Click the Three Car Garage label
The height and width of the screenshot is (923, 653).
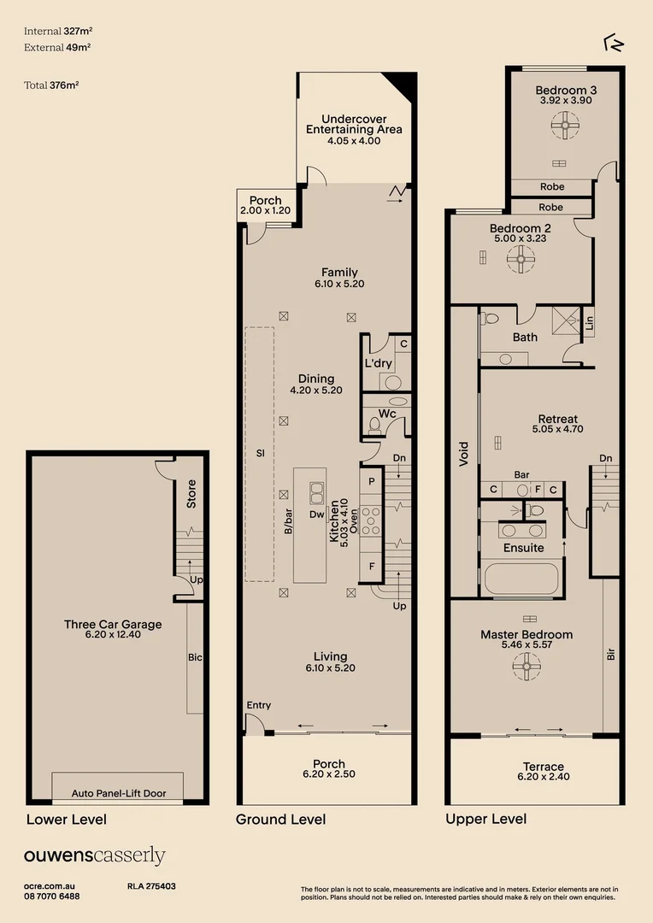(x=113, y=625)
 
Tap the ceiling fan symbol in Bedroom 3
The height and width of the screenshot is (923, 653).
(x=565, y=126)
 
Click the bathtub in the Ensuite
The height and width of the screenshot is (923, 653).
(x=521, y=579)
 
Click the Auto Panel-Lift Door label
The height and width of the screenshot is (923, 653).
(x=120, y=793)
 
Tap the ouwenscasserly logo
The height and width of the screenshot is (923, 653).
(x=94, y=856)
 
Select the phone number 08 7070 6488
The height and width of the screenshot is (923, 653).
(x=52, y=897)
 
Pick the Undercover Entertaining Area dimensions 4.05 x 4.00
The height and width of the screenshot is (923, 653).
(x=353, y=141)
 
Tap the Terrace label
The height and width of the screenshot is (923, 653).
(x=544, y=767)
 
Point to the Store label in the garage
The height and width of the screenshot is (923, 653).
(x=191, y=495)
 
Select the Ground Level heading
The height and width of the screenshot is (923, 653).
(x=281, y=820)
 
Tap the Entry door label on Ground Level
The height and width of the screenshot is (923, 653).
(x=258, y=705)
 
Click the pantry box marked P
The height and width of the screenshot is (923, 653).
(x=371, y=481)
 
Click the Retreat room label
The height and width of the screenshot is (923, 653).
(x=557, y=419)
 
